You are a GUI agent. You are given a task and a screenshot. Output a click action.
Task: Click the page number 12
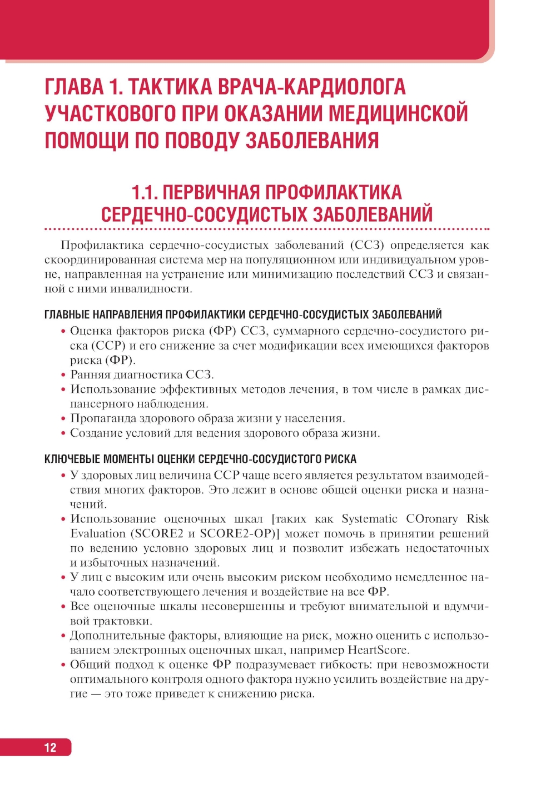[50, 747]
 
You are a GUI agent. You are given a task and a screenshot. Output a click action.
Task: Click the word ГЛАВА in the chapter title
[74, 87]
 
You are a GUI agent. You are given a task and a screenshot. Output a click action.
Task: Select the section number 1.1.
[143, 192]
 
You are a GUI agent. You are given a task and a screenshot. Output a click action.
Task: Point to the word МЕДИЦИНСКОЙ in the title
[398, 113]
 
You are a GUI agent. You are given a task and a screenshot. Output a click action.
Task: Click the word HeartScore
[378, 650]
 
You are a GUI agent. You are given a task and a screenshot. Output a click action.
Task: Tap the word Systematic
[370, 519]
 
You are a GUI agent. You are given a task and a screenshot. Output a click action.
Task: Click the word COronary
[431, 519]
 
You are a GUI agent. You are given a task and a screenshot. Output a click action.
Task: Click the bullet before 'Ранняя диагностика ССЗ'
[63, 375]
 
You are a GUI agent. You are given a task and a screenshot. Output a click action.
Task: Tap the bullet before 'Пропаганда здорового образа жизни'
[63, 418]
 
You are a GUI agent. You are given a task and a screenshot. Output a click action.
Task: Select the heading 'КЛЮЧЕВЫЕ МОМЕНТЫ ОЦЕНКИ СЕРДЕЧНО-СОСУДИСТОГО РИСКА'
[200, 459]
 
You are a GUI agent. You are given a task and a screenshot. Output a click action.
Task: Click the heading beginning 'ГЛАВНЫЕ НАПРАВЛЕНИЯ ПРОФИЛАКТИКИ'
[243, 314]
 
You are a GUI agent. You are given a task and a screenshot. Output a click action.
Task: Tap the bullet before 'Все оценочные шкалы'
[63, 607]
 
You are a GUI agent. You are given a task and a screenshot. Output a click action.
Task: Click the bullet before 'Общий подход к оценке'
[63, 665]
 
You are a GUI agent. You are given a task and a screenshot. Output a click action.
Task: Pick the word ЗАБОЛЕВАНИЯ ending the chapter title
[312, 140]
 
